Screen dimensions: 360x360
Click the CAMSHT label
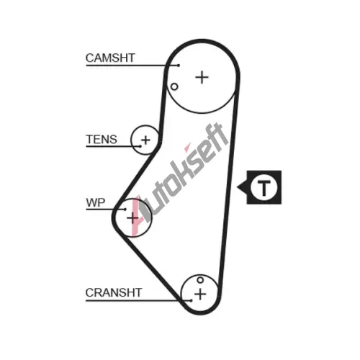click(110, 58)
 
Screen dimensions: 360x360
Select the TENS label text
click(102, 140)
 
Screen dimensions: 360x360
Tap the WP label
click(96, 203)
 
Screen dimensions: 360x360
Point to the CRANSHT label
click(114, 292)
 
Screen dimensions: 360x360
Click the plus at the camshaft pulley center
click(202, 78)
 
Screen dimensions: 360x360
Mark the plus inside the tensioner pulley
click(145, 140)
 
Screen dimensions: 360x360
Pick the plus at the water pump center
click(132, 218)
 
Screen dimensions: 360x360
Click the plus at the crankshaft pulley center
click(200, 294)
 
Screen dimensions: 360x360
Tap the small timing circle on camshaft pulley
click(174, 86)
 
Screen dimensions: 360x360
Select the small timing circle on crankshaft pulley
click(200, 280)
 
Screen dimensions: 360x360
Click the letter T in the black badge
click(264, 188)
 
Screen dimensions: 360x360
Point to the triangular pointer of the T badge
click(242, 187)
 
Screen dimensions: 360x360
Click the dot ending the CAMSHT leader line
click(179, 66)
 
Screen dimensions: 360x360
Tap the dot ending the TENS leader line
click(140, 146)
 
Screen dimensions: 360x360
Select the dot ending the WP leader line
click(125, 210)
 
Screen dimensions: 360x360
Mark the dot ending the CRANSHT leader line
click(191, 300)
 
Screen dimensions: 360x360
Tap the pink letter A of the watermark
click(138, 216)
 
